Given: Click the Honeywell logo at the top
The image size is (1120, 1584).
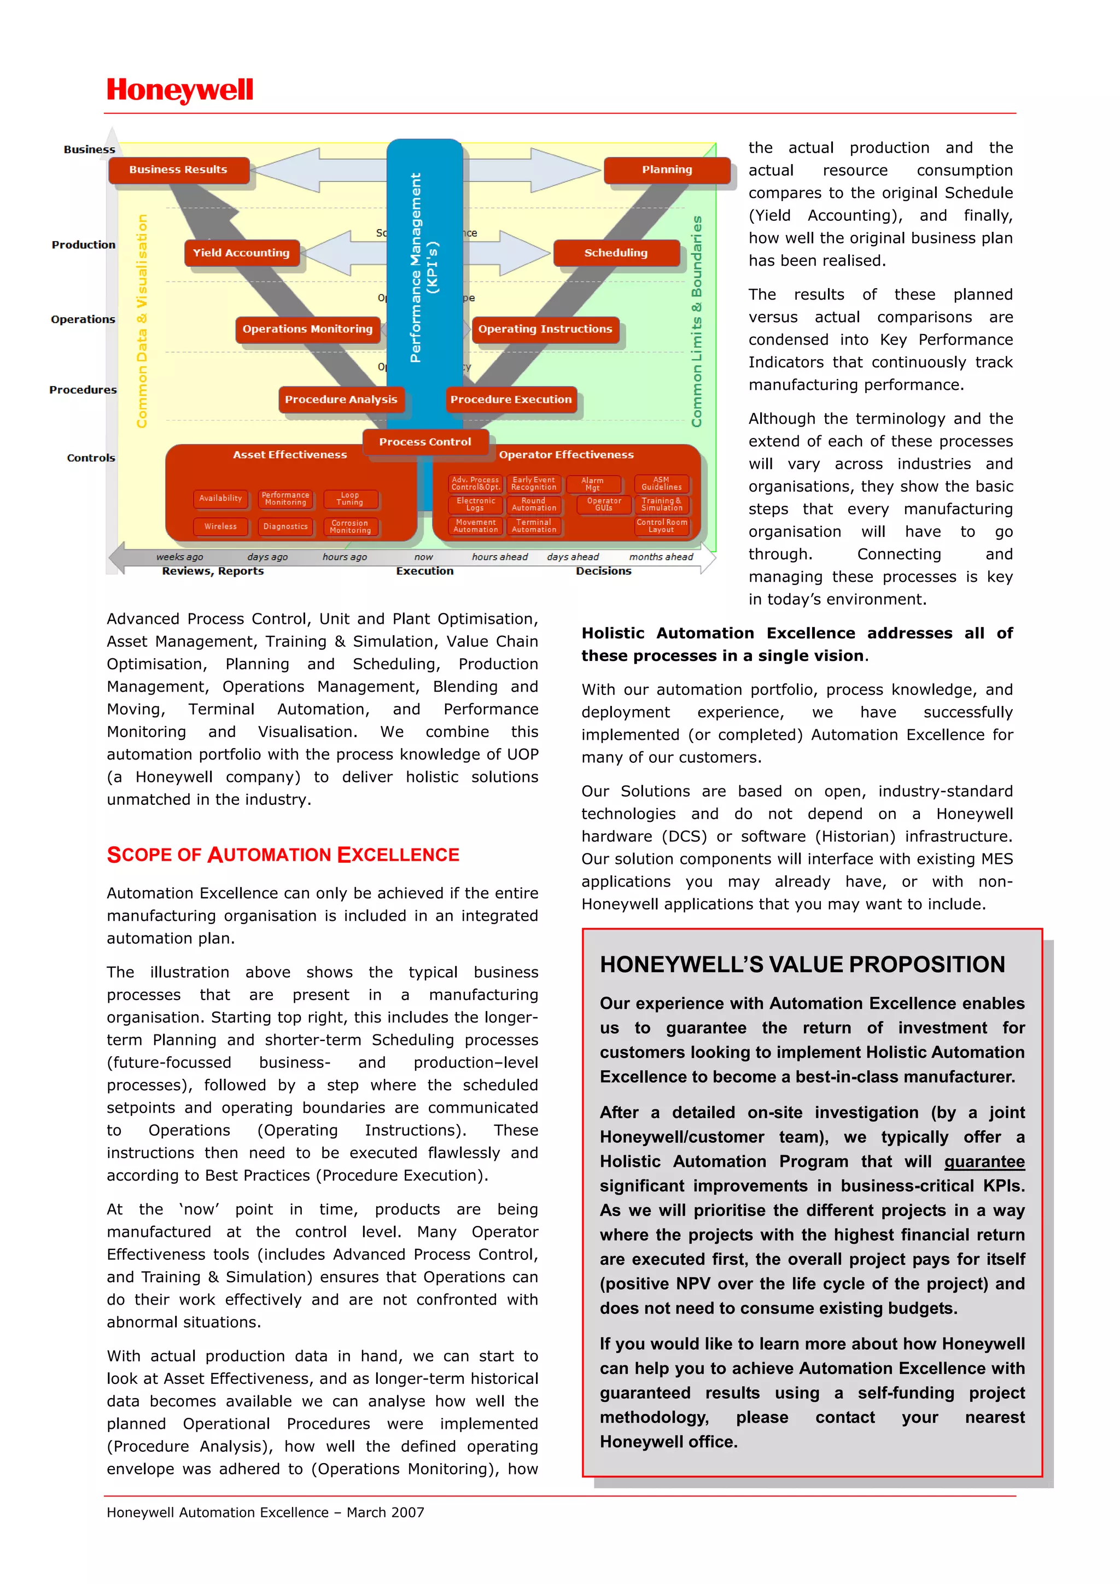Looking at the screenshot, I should click(180, 90).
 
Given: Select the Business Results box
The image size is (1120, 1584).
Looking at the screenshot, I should click(178, 169).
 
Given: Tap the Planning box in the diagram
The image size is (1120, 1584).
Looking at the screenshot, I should click(666, 169).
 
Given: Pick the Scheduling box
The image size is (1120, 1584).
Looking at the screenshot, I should click(616, 253).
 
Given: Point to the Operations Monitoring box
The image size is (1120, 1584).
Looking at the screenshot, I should click(307, 329).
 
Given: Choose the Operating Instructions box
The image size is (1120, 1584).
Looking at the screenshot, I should click(545, 329).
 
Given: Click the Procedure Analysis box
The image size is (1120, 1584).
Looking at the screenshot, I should click(341, 400).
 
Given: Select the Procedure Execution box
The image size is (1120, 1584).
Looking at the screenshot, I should click(511, 400).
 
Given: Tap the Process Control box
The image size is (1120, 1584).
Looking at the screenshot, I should click(424, 442).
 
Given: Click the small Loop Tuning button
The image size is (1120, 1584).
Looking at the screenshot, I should click(350, 499).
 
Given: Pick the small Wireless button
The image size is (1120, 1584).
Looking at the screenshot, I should click(220, 527).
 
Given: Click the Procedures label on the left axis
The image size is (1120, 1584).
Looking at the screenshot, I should click(83, 390).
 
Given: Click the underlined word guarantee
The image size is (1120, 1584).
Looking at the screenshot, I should click(983, 1162).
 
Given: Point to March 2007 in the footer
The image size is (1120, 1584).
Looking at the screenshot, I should click(385, 1512).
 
